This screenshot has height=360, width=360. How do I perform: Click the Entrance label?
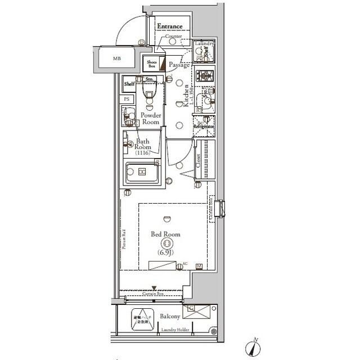point(169,26)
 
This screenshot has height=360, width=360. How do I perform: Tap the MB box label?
point(116,58)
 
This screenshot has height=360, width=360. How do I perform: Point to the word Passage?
point(179,65)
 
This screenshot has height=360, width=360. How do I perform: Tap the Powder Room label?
point(151,118)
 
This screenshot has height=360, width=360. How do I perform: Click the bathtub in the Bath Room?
point(142,172)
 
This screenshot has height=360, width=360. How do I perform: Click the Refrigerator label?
point(204,127)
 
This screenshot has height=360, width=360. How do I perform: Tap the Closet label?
point(198,161)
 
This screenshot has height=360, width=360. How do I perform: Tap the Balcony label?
point(169,317)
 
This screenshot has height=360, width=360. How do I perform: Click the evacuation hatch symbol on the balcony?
point(141,320)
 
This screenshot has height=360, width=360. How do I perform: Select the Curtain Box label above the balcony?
point(152,293)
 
